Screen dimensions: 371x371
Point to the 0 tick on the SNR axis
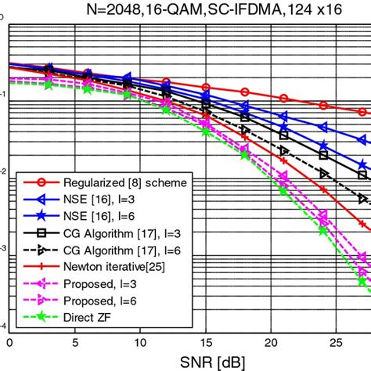pyautogui.click(x=9, y=342)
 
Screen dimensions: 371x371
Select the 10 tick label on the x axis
pyautogui.click(x=139, y=342)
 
